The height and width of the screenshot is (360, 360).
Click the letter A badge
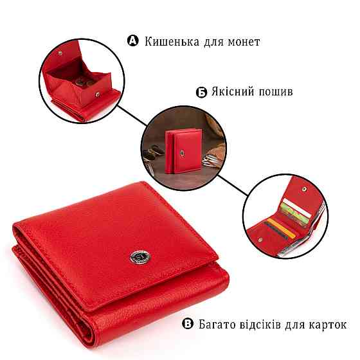click(133, 41)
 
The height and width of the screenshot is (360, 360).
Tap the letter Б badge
click(201, 92)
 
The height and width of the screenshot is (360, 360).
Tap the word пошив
click(277, 92)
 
